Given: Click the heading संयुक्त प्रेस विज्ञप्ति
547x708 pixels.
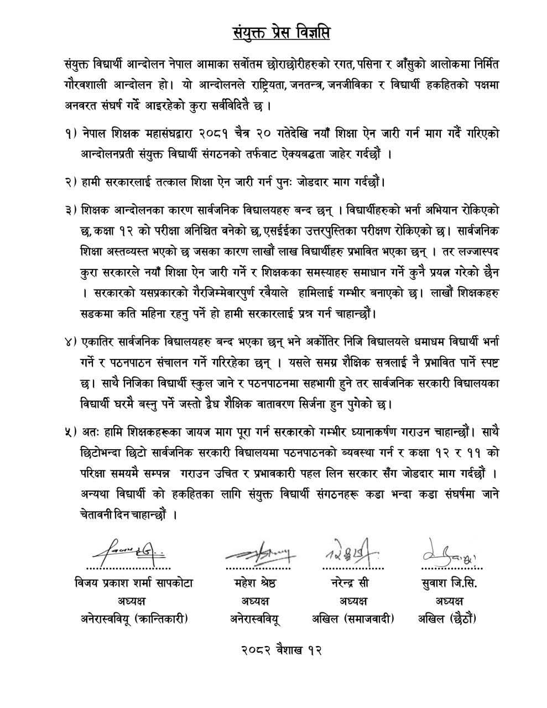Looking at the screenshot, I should click(280, 33).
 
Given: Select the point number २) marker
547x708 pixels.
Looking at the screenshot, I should click(71, 181).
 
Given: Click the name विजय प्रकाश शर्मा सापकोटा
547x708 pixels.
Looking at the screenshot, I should click(131, 583).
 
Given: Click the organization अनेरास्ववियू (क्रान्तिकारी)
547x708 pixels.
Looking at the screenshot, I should click(131, 619).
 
